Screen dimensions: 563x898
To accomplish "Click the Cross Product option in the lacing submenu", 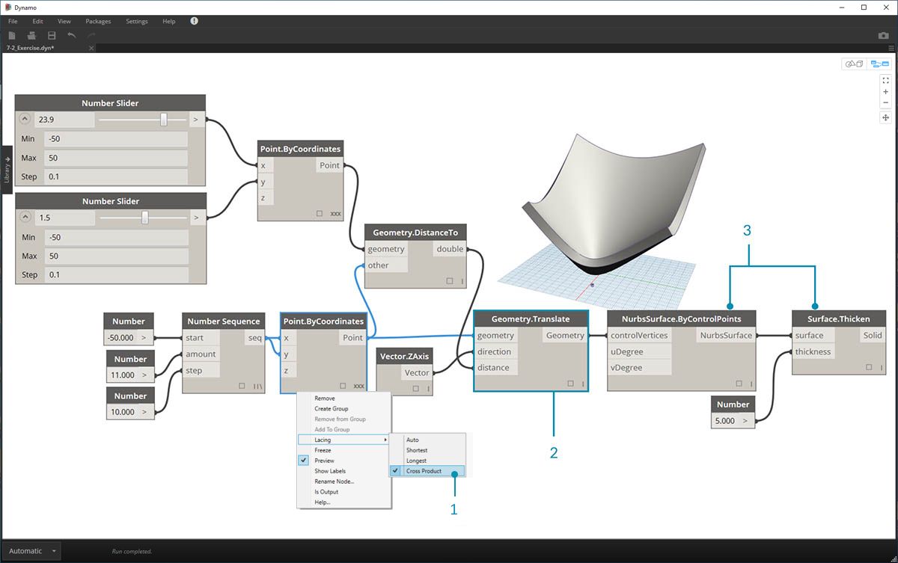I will (424, 471).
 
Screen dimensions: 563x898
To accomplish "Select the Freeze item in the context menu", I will (323, 450).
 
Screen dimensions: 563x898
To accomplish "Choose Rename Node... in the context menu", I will (335, 482).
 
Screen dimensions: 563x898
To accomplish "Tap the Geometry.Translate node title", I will (531, 319).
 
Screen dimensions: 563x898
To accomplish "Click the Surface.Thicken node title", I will (838, 319).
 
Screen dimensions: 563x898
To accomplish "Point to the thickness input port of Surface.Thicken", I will (813, 351).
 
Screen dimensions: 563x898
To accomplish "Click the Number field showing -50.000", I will (121, 338).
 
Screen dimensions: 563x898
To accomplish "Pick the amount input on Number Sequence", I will (201, 354).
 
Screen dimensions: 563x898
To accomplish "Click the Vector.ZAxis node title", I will (404, 357).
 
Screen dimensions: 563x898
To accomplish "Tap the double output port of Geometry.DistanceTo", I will (450, 249).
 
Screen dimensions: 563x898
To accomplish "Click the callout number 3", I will (747, 231).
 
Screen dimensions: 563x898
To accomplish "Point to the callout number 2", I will (553, 452).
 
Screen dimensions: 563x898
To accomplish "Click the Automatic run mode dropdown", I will (32, 551).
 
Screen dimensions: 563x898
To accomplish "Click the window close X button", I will (884, 7).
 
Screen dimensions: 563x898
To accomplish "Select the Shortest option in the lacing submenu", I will (417, 450).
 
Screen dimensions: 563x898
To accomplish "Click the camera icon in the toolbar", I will (883, 35).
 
